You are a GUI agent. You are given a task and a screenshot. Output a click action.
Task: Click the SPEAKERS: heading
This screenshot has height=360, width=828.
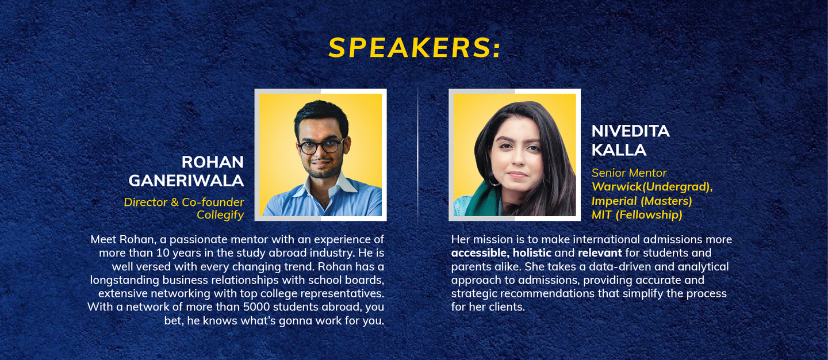[x=415, y=48]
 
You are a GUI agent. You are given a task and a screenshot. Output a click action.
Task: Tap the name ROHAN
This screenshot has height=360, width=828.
[x=213, y=162]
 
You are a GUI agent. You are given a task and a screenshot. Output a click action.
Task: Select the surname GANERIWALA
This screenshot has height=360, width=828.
[x=186, y=181]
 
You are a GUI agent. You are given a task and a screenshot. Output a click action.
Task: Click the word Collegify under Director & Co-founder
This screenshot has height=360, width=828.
[x=220, y=215]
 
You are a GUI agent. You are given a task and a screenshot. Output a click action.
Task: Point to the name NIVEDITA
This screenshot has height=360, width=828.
[x=631, y=131]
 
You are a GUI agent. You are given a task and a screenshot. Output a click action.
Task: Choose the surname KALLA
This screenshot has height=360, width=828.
[x=619, y=150]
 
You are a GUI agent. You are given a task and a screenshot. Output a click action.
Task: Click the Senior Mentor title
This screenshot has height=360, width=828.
[x=629, y=173]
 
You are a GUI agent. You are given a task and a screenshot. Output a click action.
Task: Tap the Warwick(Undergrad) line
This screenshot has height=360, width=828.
[x=652, y=187]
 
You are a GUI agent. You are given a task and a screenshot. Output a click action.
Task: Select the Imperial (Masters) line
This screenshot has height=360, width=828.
[x=642, y=201]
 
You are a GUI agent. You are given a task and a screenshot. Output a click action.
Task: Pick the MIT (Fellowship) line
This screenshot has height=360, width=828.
[x=637, y=215]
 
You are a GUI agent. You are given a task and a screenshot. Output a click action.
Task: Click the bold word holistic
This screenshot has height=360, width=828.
[x=532, y=253]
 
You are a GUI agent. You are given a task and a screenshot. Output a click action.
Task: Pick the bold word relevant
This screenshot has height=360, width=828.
[x=600, y=253]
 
